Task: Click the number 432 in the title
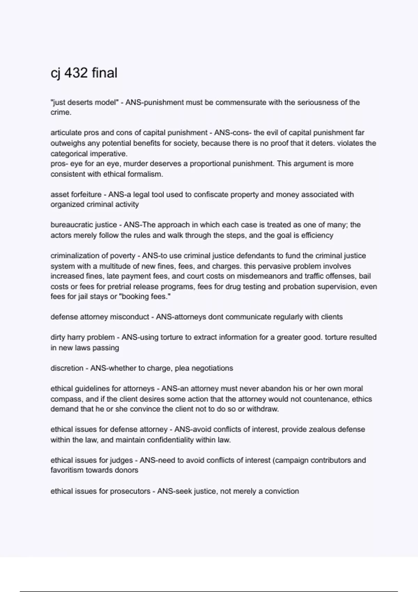click(x=76, y=73)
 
